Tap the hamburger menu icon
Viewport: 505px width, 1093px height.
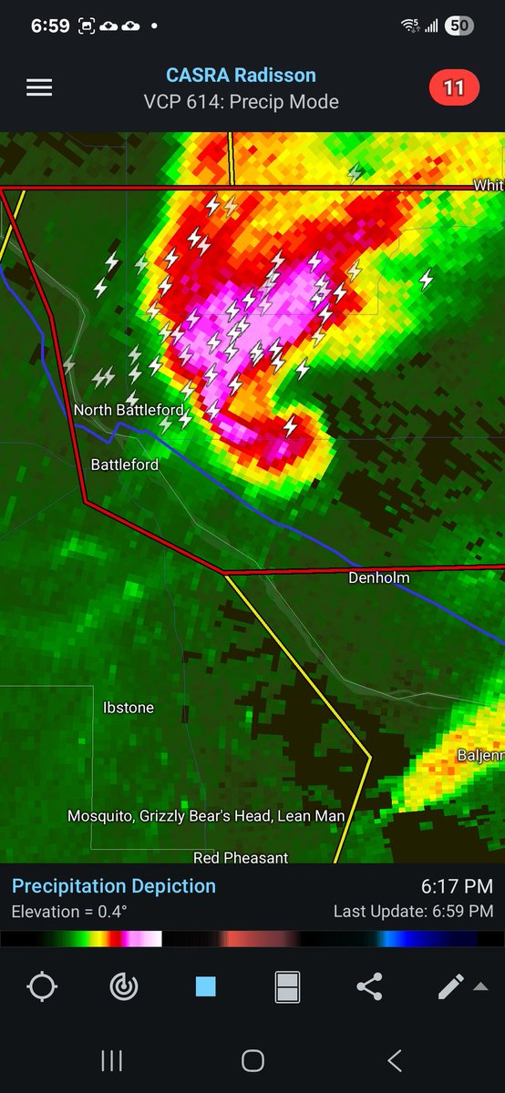[x=39, y=87]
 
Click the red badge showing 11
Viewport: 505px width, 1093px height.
[x=454, y=88]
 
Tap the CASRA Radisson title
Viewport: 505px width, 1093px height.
[x=241, y=77]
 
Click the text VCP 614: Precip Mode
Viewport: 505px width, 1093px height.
[x=241, y=102]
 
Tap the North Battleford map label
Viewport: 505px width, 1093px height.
[x=129, y=410]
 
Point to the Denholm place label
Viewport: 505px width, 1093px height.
[x=379, y=577]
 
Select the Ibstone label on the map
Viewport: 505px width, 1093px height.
[x=129, y=708]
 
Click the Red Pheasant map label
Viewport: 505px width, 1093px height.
[x=241, y=857]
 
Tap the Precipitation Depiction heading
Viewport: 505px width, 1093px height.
[x=114, y=886]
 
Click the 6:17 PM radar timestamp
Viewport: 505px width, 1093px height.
[x=457, y=886]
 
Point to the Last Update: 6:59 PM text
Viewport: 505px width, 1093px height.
[x=413, y=912]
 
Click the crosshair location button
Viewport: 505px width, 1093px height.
[x=42, y=987]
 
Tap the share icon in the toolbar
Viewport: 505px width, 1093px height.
[x=369, y=987]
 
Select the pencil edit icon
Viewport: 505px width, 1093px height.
[x=451, y=987]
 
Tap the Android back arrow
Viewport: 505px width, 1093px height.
[x=394, y=1060]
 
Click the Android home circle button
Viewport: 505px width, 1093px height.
[x=252, y=1060]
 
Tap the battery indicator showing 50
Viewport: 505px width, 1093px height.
[x=459, y=26]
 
